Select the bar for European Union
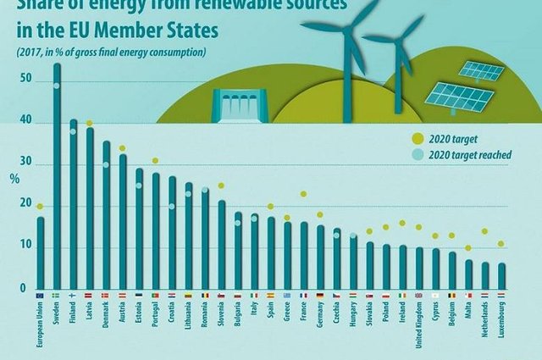(x=40, y=253)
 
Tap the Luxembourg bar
(x=501, y=276)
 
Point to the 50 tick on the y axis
(x=27, y=80)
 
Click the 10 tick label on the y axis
(x=27, y=246)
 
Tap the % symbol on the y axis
(x=14, y=179)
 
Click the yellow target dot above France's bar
(x=303, y=194)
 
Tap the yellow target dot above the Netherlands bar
(x=485, y=231)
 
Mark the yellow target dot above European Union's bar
(x=40, y=206)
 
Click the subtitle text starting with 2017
(x=110, y=53)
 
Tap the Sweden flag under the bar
(x=57, y=295)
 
